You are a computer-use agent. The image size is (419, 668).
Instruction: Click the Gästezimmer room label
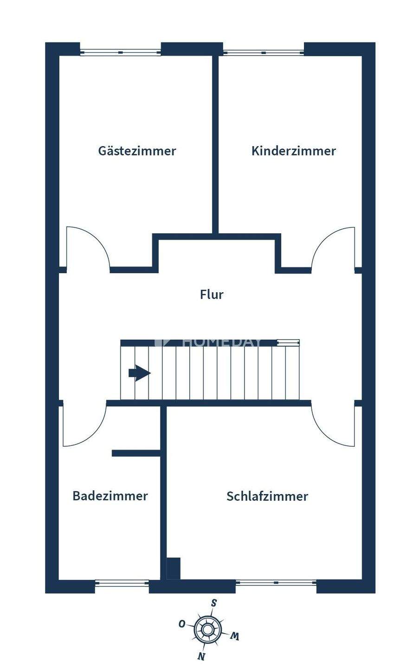[137, 151]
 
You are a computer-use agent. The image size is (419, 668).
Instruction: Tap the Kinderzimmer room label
[293, 151]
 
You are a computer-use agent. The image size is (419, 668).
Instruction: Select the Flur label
[212, 295]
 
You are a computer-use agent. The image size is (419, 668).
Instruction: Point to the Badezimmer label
[110, 496]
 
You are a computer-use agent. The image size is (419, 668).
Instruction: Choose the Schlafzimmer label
[267, 496]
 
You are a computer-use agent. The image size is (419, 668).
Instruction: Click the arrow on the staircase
[139, 373]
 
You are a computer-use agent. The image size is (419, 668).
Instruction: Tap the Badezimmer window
[122, 583]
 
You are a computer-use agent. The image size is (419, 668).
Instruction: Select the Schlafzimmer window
[276, 583]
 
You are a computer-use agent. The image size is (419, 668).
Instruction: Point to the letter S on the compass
[214, 603]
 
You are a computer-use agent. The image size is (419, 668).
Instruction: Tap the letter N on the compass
[201, 656]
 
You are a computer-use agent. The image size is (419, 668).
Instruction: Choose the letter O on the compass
[182, 623]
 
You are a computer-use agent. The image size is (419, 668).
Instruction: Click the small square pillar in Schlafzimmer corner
[173, 568]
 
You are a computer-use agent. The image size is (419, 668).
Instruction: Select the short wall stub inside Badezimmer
[135, 453]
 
